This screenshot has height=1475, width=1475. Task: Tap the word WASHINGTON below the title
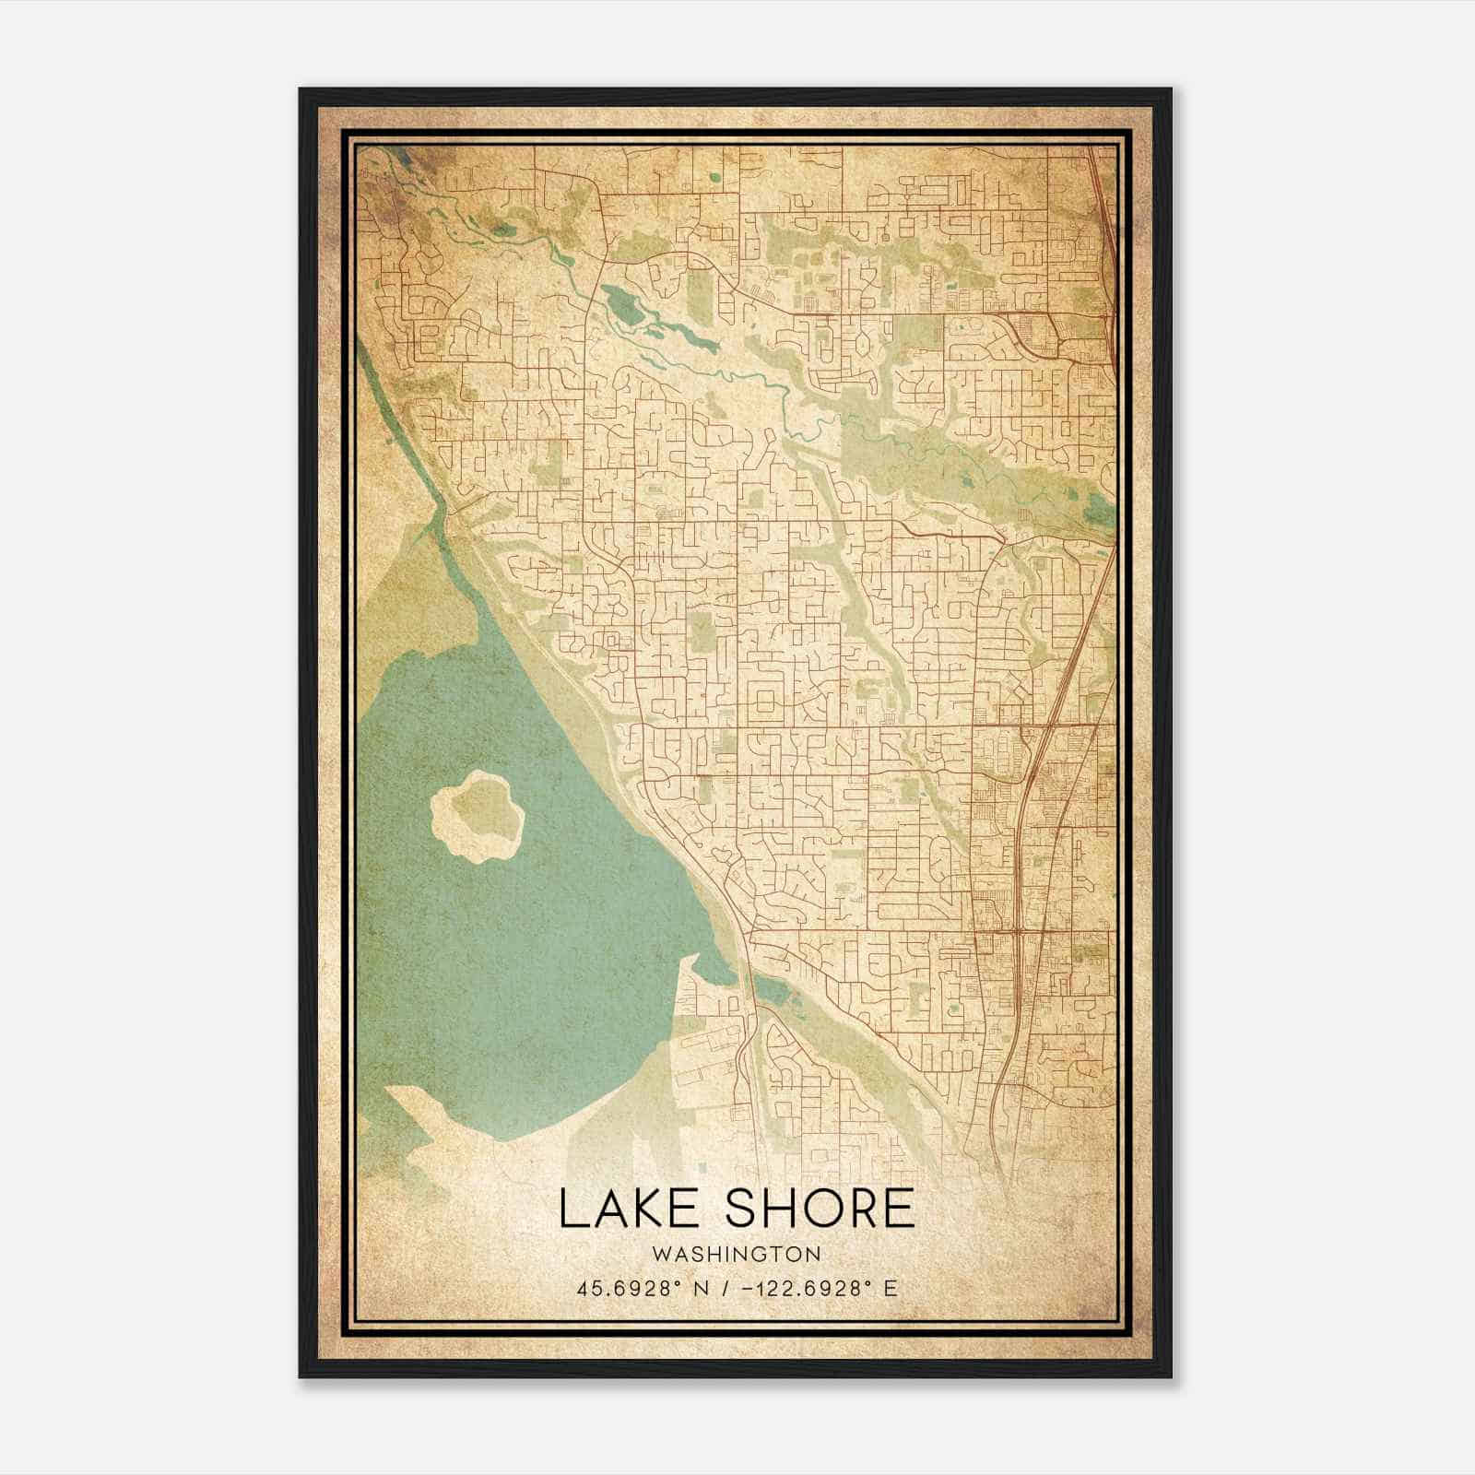coord(736,1254)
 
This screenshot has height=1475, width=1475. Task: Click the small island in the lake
coord(478,817)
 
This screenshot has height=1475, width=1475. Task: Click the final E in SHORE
coord(898,1209)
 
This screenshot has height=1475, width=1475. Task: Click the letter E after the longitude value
coord(890,1289)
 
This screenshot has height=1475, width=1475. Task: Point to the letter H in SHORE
coord(780,1209)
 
